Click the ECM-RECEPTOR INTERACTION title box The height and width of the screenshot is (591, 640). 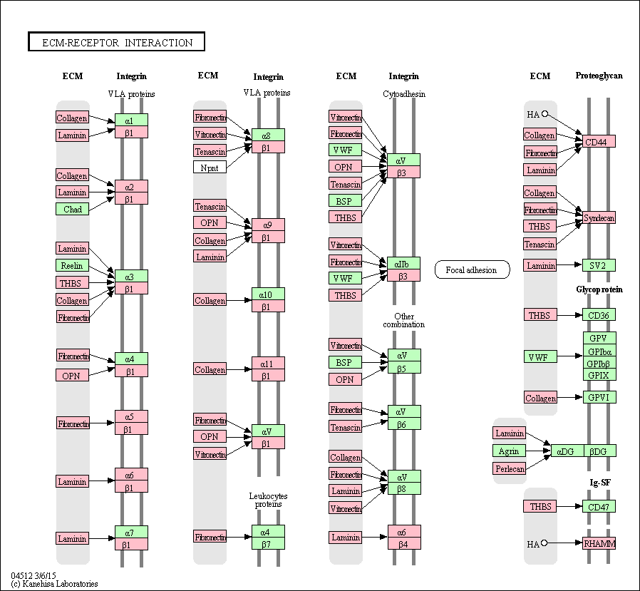116,42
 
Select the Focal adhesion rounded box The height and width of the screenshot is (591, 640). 472,269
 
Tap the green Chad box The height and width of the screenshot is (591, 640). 73,209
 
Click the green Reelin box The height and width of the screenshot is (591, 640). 73,265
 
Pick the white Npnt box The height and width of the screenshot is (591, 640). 210,167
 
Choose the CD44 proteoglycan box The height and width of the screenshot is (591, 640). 599,141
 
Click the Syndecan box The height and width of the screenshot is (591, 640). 599,217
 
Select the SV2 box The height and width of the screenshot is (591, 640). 599,265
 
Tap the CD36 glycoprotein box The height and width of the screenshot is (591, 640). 599,314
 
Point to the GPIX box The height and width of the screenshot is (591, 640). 599,374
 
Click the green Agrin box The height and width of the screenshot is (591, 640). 509,451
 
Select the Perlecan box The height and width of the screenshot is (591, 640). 509,468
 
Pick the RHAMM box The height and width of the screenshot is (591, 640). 599,543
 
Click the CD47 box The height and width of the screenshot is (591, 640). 599,507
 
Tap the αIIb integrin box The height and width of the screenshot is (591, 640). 403,263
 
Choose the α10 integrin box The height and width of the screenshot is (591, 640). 268,294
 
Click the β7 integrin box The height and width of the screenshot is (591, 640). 268,544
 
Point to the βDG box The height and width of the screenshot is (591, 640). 600,451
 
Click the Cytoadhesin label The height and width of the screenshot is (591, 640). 403,93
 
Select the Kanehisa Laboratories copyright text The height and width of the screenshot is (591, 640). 54,584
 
